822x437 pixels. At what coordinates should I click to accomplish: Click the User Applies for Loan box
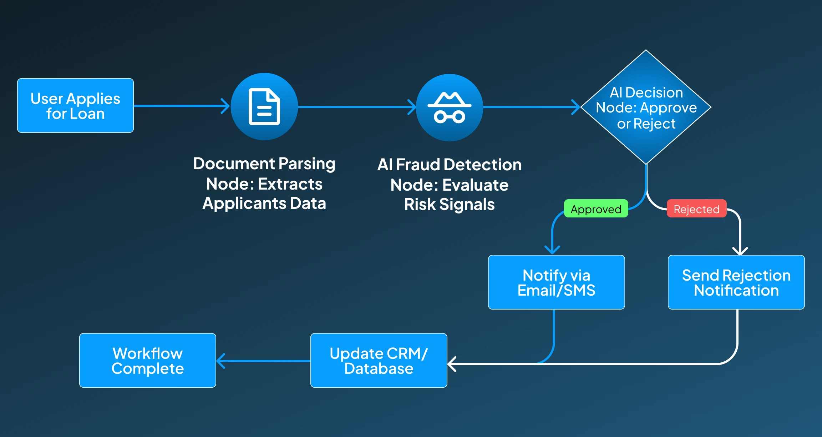pos(75,106)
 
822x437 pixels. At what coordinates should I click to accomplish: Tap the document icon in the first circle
pos(264,106)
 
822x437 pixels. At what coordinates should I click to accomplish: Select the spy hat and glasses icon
pos(450,107)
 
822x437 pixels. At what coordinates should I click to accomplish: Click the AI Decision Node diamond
pos(646,107)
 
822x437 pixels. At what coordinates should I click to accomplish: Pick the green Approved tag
pos(596,209)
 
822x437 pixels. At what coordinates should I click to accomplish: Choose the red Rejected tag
pos(696,209)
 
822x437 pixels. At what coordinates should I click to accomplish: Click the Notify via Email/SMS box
pos(556,282)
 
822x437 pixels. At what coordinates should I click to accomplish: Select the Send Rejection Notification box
pos(736,282)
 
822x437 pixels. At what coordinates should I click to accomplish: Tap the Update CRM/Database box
pos(379,360)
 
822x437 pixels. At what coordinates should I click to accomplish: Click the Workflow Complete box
pos(148,360)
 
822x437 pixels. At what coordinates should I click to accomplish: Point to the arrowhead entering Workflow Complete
pos(221,361)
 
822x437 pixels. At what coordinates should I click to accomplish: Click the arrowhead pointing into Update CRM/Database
pos(452,364)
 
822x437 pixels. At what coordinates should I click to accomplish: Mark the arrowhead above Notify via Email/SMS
pos(552,250)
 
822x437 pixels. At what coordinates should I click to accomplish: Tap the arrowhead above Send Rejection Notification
pos(740,251)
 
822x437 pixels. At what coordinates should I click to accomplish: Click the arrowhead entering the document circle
pos(225,106)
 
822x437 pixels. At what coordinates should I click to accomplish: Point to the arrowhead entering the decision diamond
pos(576,107)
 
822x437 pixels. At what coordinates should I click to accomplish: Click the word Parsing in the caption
pos(307,164)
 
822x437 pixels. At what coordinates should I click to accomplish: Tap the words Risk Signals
pos(450,205)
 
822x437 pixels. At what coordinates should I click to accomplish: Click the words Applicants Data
pos(264,204)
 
